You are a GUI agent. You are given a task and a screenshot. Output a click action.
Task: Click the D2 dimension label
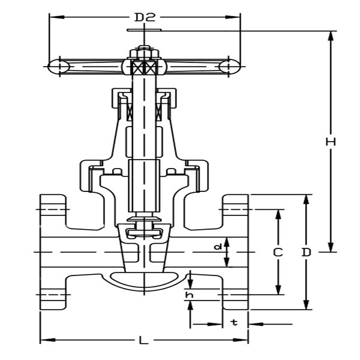(144, 17)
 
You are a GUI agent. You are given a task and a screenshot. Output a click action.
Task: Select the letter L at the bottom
(143, 341)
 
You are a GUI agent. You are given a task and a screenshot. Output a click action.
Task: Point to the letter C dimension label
(278, 253)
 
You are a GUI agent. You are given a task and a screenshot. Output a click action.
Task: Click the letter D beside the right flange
(307, 253)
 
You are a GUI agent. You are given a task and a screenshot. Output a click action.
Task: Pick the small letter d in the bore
(219, 247)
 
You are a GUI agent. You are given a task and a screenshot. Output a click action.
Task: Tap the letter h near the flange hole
(190, 295)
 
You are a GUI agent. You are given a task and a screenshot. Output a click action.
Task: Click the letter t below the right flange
(235, 323)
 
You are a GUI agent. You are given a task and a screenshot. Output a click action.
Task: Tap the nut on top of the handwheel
(144, 52)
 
